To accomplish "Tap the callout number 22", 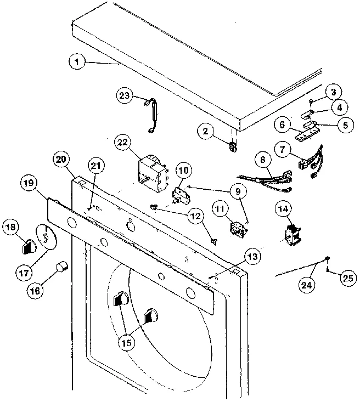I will click(122, 142).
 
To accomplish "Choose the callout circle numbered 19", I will click(28, 183).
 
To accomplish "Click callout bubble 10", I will click(184, 171).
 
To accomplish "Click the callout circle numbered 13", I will click(251, 256).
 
